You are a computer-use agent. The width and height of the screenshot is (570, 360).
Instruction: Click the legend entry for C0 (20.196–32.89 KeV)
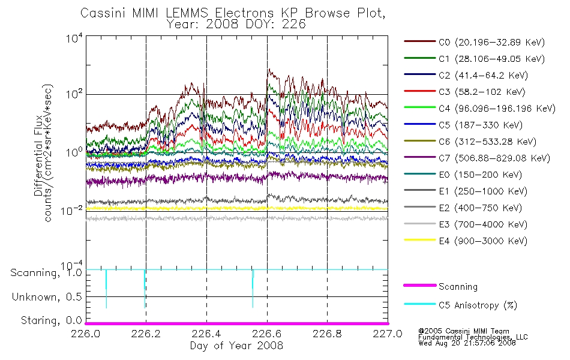tap(474, 42)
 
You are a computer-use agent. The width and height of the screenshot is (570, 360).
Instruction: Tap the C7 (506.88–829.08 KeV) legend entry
tap(476, 158)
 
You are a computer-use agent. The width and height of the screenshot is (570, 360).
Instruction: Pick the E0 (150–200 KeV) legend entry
tap(463, 175)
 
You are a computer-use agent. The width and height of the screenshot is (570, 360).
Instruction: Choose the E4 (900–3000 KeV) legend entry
tap(466, 241)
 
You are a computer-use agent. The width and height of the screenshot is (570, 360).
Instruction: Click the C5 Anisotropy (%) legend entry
tap(460, 305)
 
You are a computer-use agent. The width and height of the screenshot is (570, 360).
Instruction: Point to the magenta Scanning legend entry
tap(440, 286)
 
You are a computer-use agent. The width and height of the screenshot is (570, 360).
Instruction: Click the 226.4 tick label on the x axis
tap(206, 334)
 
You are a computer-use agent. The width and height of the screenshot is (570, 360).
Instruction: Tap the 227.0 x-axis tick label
tap(388, 334)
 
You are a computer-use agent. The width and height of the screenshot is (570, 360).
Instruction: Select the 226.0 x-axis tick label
tap(86, 334)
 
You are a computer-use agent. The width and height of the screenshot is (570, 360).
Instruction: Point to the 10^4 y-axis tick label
tap(74, 38)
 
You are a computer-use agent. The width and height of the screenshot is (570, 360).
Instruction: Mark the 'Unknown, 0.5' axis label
tap(47, 297)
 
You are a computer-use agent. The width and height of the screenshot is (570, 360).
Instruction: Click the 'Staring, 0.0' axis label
tap(51, 320)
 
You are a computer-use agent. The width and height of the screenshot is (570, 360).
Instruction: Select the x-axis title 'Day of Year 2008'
tap(236, 346)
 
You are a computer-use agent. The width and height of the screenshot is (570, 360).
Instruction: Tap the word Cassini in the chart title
tap(103, 13)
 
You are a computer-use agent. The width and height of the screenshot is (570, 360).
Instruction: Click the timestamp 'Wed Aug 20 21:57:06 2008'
tap(467, 343)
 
